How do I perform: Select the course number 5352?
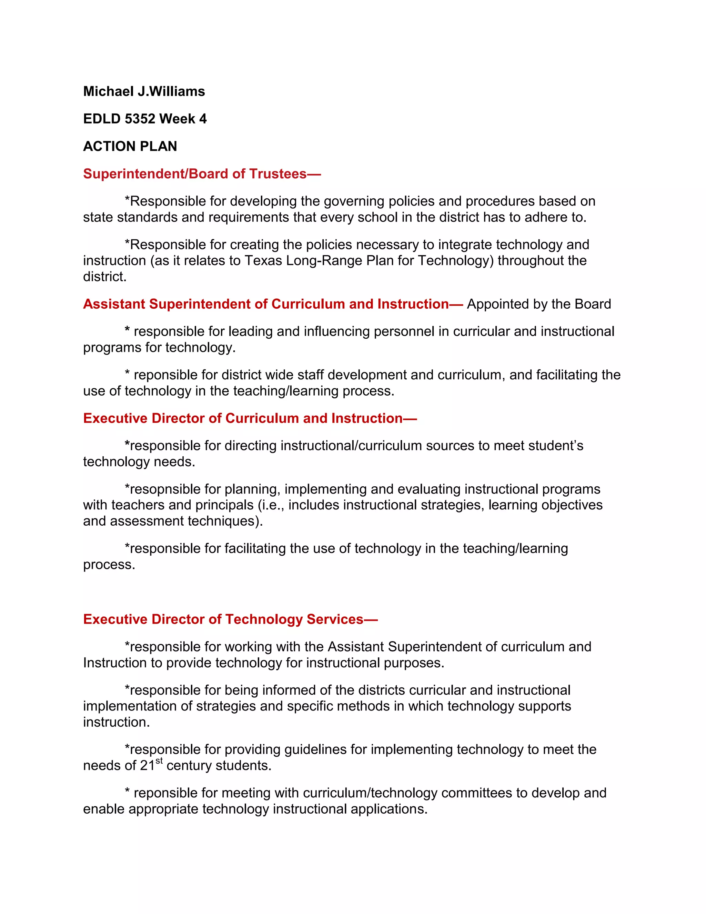click(x=140, y=119)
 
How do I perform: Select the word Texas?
click(x=263, y=261)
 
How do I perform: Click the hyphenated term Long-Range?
click(x=324, y=261)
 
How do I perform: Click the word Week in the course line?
click(x=177, y=119)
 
